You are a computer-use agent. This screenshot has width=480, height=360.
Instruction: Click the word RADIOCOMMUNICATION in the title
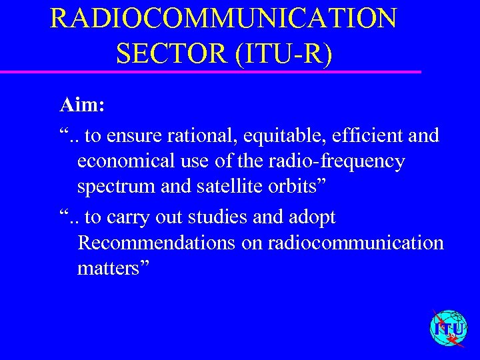click(x=223, y=19)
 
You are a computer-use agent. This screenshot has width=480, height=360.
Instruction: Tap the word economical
click(x=124, y=162)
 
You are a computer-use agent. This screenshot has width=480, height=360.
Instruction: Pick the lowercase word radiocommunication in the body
click(x=355, y=243)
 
